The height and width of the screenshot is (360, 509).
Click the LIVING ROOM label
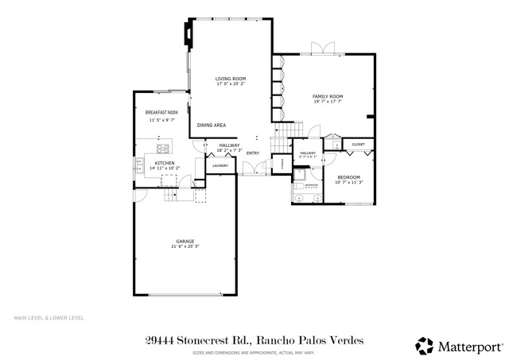click(231, 79)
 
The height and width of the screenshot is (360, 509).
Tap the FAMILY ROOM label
click(327, 96)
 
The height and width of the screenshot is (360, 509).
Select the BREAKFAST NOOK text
click(161, 113)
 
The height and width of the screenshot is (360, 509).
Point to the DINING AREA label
click(212, 125)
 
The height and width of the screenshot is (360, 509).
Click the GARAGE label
click(185, 241)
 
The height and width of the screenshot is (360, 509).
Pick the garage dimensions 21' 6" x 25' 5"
click(185, 246)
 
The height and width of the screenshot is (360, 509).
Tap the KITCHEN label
click(153, 162)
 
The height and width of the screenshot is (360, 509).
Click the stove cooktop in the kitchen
click(164, 148)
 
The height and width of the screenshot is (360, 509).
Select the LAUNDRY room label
click(220, 165)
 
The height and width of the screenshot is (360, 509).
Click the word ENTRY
click(253, 153)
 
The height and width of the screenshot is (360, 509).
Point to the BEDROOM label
click(348, 176)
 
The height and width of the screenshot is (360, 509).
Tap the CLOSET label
click(358, 145)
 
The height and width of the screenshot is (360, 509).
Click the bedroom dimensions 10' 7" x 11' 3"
click(348, 182)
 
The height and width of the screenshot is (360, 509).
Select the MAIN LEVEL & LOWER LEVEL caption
click(49, 318)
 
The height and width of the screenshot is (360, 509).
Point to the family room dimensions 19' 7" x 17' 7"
click(327, 102)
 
